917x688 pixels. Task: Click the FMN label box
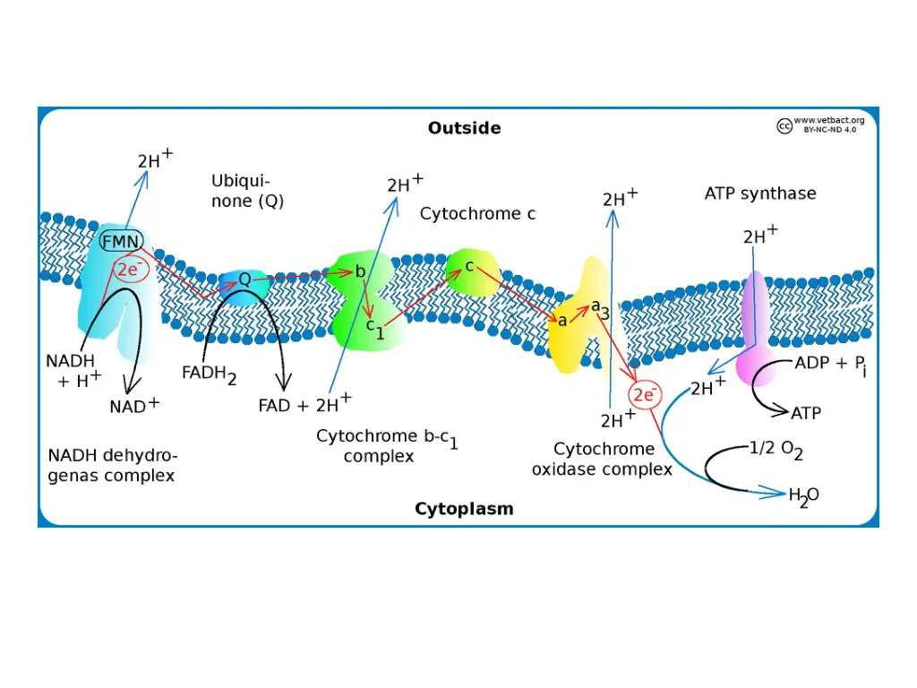click(x=121, y=241)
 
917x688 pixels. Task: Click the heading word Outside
click(x=464, y=128)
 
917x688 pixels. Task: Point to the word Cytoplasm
click(x=464, y=509)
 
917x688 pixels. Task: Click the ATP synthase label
click(x=760, y=193)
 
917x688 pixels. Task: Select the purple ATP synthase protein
click(x=753, y=327)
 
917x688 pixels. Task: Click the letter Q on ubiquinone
click(x=244, y=279)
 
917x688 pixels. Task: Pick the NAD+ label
click(x=134, y=406)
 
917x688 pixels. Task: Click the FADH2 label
click(x=209, y=374)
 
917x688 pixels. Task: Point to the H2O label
click(x=803, y=494)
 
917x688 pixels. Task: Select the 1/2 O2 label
click(x=776, y=451)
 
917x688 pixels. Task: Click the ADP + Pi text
click(x=830, y=365)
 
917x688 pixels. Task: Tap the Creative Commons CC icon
click(x=784, y=126)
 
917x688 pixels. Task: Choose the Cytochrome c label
click(x=477, y=214)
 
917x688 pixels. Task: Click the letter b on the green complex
click(x=359, y=271)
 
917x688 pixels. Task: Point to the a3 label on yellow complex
click(x=600, y=309)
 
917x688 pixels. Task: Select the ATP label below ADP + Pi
click(x=806, y=414)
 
